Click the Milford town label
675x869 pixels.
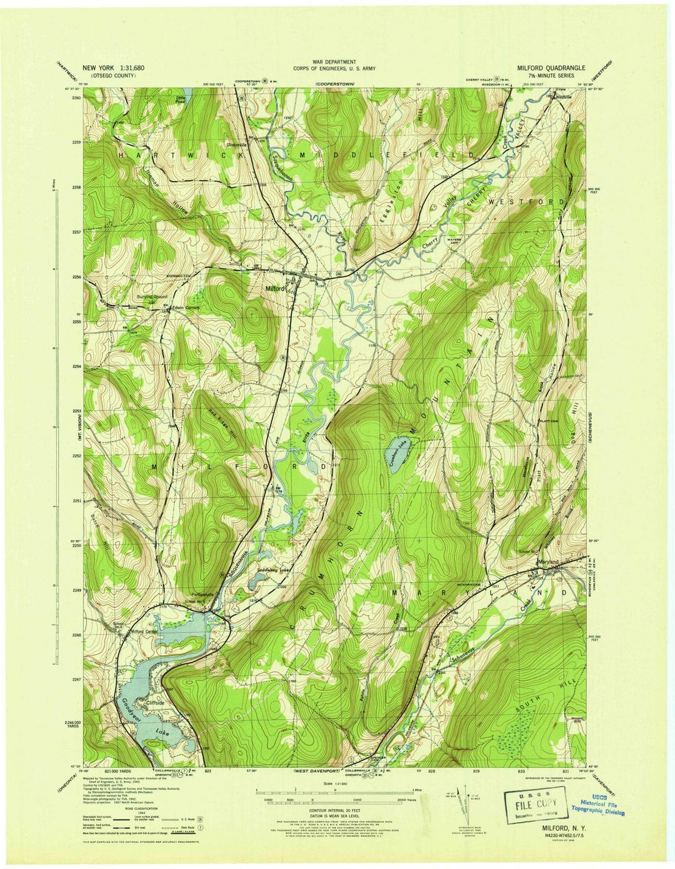click(274, 289)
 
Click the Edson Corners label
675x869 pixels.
click(186, 307)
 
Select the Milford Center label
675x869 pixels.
click(142, 632)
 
